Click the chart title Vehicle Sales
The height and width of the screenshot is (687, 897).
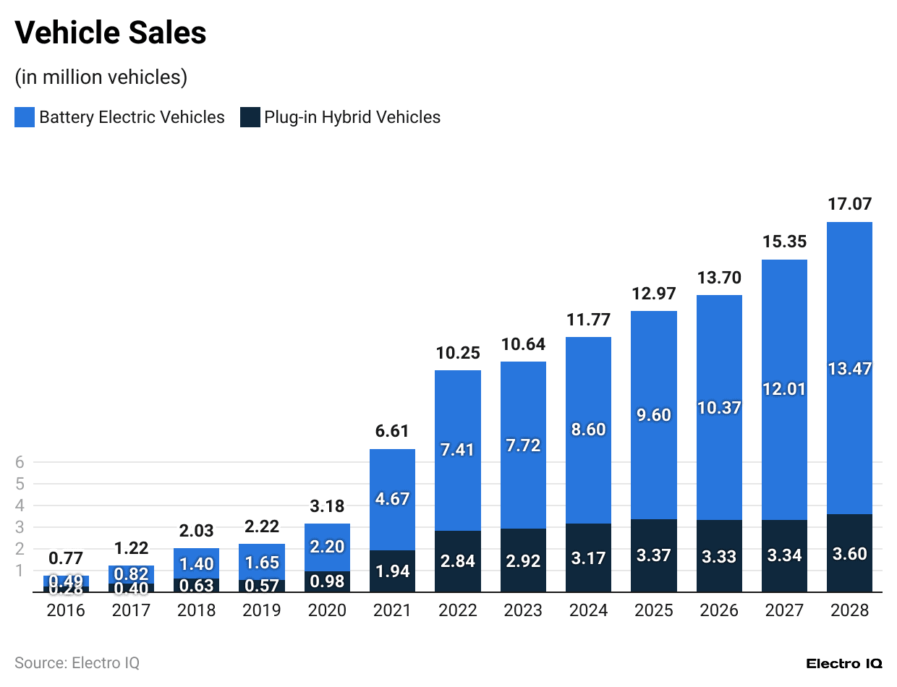tap(111, 33)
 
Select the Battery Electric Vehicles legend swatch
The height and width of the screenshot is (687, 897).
tap(25, 117)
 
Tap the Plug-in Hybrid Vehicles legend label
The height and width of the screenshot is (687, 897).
tap(352, 117)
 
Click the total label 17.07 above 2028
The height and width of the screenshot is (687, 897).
tap(849, 205)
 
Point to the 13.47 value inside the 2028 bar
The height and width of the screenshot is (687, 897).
tap(849, 369)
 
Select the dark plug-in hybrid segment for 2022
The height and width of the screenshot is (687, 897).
tap(458, 562)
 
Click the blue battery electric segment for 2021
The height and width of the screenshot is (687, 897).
tap(393, 499)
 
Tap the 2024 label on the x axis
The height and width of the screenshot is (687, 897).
tap(588, 611)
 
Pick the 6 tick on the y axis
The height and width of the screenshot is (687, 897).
tap(20, 462)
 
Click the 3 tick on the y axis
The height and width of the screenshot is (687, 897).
tap(20, 527)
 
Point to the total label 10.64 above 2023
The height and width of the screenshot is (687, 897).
tap(523, 344)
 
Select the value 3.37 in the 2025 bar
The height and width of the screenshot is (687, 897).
tap(653, 555)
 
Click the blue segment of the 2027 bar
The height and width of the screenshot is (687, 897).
tap(784, 389)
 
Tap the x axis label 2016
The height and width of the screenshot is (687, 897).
tap(66, 611)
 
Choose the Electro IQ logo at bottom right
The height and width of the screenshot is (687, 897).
tap(844, 663)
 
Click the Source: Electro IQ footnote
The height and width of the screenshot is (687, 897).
tap(77, 662)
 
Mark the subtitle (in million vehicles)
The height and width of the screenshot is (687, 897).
tap(101, 77)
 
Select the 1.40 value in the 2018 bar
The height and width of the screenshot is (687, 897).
tap(197, 563)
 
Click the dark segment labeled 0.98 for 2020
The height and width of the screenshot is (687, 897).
tap(328, 581)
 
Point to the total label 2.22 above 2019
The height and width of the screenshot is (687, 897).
tap(262, 526)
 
